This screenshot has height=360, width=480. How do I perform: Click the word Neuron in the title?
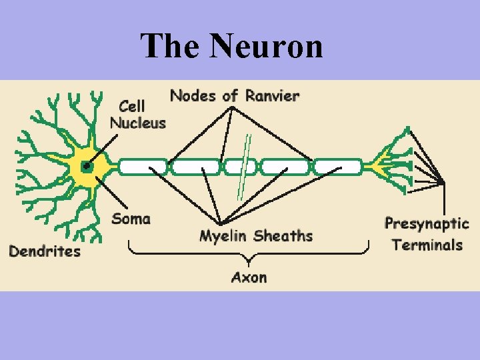(x=266, y=46)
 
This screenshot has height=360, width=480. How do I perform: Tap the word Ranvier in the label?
(x=272, y=95)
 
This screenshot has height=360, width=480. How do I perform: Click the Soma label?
(x=131, y=218)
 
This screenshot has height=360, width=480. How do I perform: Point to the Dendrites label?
(x=44, y=251)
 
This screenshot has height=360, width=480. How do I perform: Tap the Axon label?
(x=249, y=277)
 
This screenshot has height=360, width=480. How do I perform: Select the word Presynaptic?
(x=427, y=224)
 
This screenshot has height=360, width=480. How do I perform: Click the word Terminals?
(x=427, y=245)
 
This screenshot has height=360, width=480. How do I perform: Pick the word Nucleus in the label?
(x=137, y=123)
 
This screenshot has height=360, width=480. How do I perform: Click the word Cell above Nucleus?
(x=131, y=107)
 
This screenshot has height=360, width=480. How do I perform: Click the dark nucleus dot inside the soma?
(x=86, y=167)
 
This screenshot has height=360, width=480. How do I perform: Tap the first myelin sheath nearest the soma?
(x=143, y=167)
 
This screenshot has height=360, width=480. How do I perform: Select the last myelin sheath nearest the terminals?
(x=338, y=167)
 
